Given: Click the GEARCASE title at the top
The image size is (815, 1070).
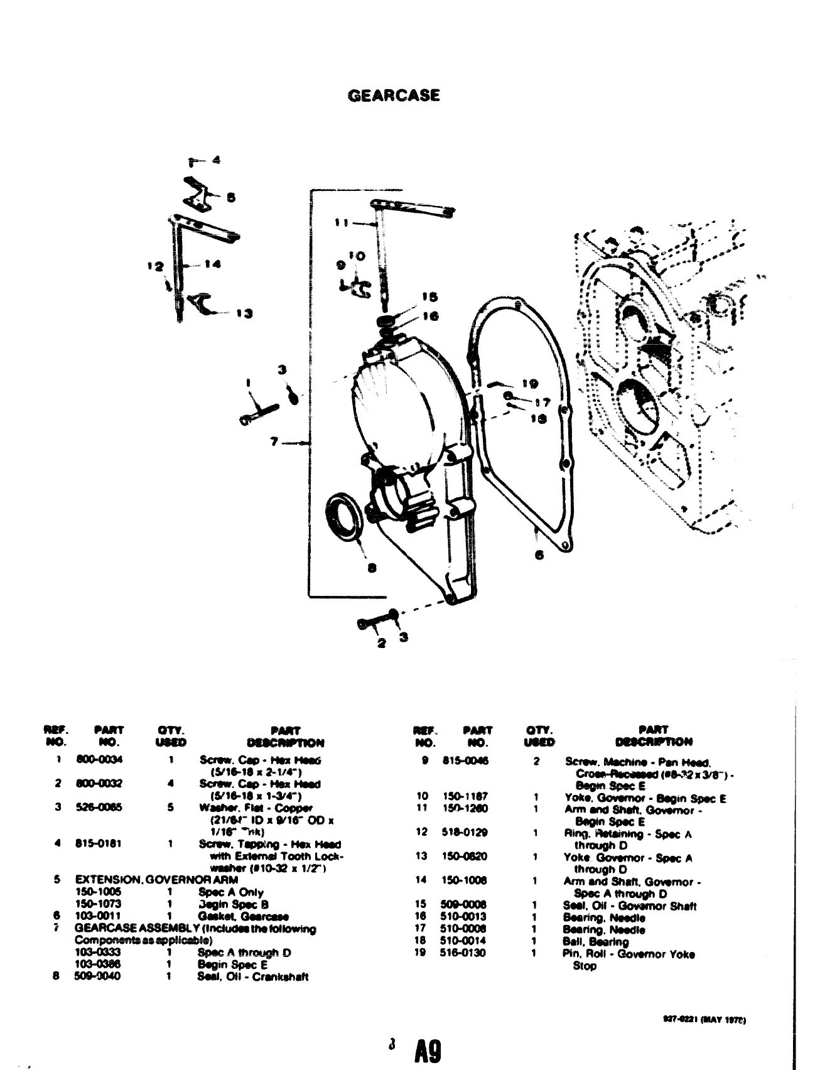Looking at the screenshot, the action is click(394, 95).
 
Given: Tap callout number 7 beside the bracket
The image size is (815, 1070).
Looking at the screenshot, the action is click(274, 441).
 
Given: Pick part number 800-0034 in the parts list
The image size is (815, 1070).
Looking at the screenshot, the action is click(99, 759).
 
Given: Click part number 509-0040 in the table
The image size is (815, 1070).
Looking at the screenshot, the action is click(99, 976).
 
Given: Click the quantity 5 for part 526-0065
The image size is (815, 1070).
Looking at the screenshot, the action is click(170, 808).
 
